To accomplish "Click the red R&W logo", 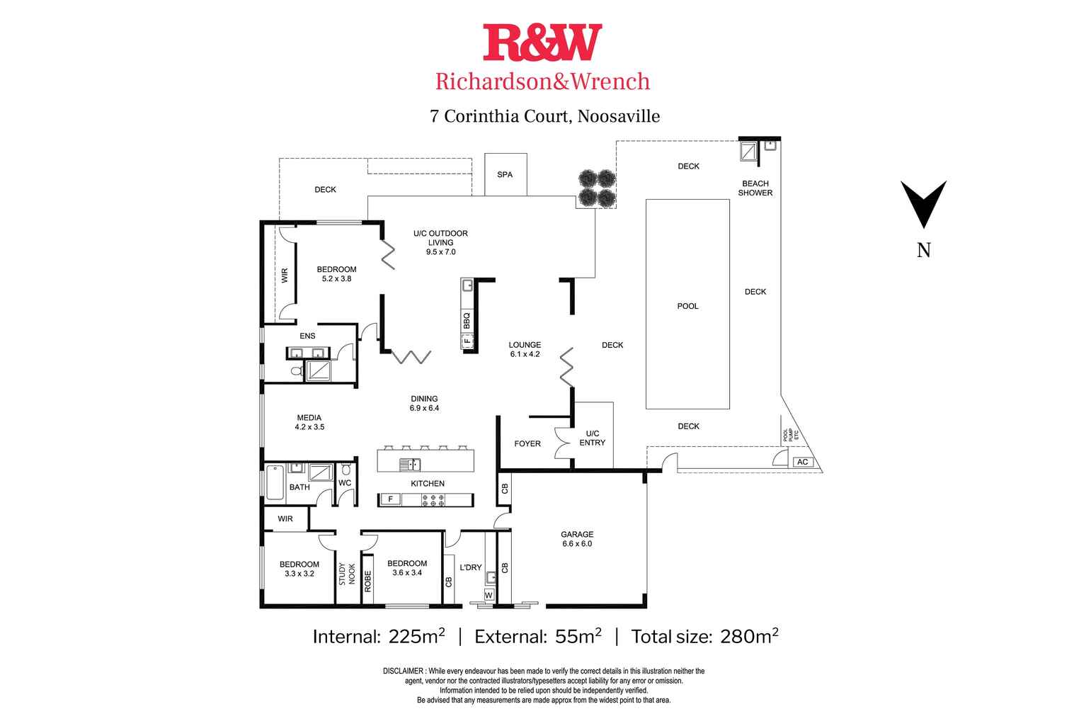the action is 542,42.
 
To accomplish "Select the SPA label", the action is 505,174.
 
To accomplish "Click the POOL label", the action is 687,306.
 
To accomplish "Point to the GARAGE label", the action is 577,535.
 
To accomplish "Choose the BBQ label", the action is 467,321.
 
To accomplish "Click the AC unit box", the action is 802,462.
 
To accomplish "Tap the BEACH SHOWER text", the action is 755,188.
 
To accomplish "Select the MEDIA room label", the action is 309,418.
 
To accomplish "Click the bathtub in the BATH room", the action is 275,482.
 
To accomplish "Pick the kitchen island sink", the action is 410,465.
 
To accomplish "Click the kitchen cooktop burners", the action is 433,501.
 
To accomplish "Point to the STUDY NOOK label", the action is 347,574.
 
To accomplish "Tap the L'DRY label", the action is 471,567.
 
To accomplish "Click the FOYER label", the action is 527,444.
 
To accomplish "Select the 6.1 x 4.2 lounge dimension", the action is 525,355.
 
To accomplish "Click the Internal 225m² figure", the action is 416,636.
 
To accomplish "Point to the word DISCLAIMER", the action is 403,671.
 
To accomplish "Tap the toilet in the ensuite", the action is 297,371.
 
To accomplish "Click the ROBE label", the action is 367,581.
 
